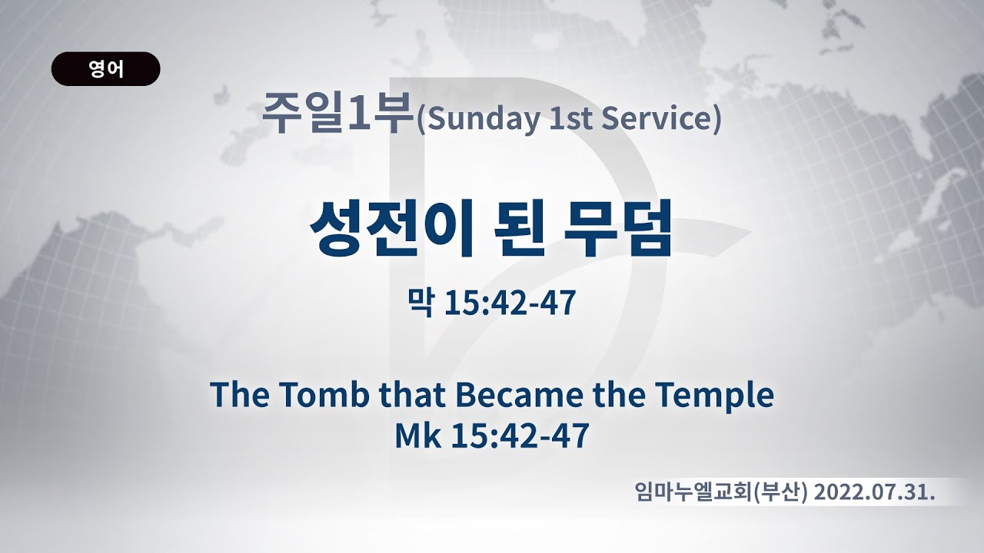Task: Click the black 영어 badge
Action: [x=106, y=69]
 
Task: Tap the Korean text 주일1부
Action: [x=339, y=113]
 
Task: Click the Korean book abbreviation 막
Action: [x=421, y=303]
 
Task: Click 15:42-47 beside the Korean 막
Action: [x=510, y=303]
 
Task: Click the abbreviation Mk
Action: [x=418, y=435]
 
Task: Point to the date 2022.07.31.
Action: [x=874, y=492]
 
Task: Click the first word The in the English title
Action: [x=240, y=394]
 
